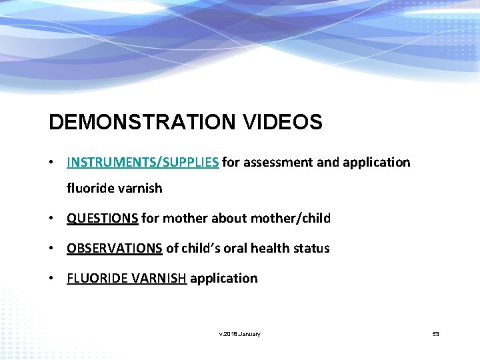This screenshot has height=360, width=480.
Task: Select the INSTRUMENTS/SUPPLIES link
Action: coord(143,162)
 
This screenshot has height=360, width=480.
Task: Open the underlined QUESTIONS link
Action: coord(103,218)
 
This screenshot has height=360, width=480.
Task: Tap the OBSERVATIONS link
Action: coord(115,248)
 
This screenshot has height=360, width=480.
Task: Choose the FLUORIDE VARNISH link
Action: coord(127,278)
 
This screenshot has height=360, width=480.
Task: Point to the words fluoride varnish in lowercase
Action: coord(114,188)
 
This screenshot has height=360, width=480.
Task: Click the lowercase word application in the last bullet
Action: coord(224,279)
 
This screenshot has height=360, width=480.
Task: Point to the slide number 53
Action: coord(435,333)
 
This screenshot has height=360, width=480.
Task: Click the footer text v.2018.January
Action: coord(240,333)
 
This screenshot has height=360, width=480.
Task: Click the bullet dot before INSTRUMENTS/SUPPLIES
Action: coord(51,163)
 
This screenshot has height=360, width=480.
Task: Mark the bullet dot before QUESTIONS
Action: coord(51,219)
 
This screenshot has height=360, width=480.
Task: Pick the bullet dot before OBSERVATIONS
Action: coord(51,249)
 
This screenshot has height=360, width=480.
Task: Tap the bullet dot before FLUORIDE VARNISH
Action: coord(51,279)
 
